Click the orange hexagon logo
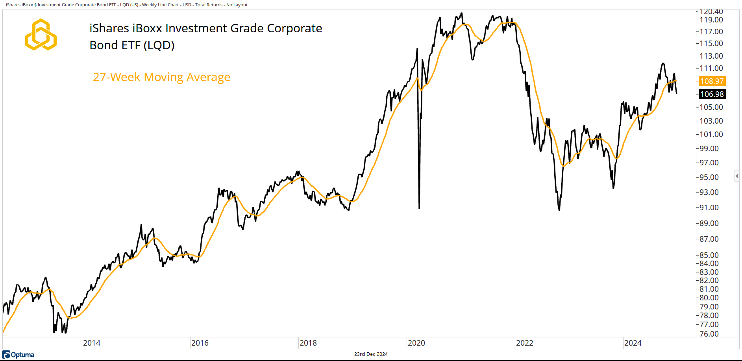click(x=41, y=35)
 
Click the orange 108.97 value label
click(x=712, y=81)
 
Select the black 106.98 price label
click(x=712, y=94)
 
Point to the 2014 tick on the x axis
click(x=91, y=343)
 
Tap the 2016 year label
click(x=200, y=343)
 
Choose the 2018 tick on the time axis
click(x=308, y=343)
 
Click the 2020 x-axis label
click(x=416, y=343)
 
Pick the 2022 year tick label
click(x=524, y=343)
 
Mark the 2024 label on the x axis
click(x=633, y=343)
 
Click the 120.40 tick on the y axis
click(x=711, y=12)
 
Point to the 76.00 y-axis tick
click(x=709, y=334)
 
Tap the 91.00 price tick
click(x=709, y=207)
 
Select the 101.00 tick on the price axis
click(x=711, y=134)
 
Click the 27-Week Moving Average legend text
click(x=161, y=77)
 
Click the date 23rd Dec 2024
click(x=371, y=354)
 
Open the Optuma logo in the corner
click(x=19, y=355)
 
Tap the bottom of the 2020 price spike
click(x=419, y=208)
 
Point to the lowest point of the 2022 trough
click(x=559, y=210)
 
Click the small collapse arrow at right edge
click(x=737, y=176)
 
